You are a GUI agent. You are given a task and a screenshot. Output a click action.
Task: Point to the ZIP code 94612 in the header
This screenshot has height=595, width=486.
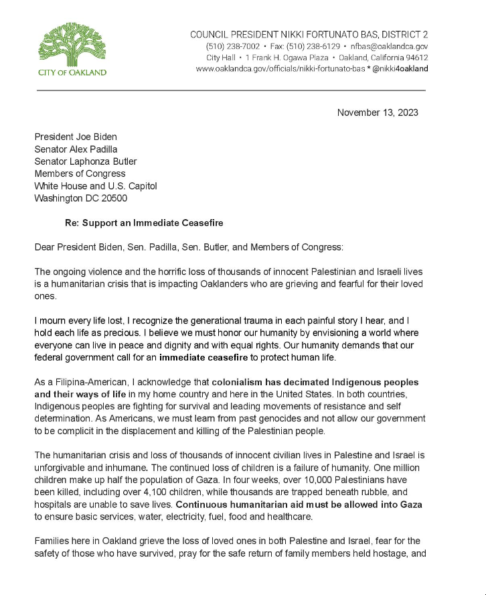click(x=414, y=58)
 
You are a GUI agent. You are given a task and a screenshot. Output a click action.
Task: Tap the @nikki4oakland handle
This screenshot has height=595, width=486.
click(x=400, y=69)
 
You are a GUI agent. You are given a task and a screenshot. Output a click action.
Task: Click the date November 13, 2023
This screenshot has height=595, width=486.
click(x=378, y=113)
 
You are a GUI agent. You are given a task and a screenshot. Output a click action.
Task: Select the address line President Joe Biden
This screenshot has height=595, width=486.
click(x=76, y=137)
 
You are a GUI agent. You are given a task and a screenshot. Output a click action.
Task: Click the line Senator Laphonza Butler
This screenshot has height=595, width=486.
click(x=86, y=161)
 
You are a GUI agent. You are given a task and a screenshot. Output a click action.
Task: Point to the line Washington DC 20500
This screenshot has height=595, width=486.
click(x=80, y=198)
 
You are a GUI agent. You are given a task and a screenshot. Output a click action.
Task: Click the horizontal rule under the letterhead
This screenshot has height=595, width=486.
click(x=231, y=90)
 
